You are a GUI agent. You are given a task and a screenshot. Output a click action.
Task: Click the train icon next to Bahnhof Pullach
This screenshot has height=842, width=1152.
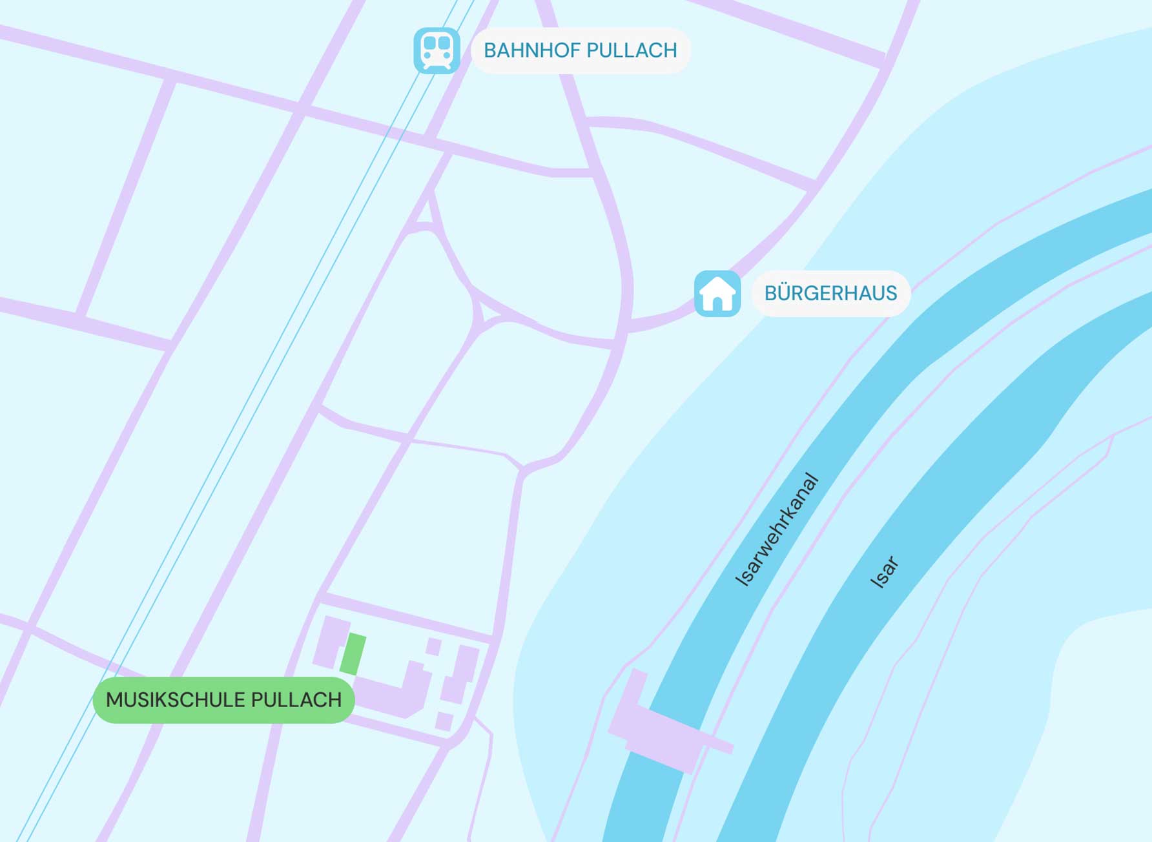437,50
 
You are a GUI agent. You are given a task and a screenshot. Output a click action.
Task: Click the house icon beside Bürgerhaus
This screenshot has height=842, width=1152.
717,294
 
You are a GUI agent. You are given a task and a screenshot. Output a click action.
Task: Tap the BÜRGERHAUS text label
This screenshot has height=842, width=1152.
830,294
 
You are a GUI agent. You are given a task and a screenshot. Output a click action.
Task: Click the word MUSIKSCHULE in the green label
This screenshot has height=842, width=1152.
174,700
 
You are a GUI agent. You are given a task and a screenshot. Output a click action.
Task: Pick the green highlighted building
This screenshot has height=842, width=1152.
353,654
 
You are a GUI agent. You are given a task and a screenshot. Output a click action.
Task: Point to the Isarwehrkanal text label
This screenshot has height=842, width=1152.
777,530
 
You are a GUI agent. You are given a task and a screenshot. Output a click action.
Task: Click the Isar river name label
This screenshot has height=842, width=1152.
885,572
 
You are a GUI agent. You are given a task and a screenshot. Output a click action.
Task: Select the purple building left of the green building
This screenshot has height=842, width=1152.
331,642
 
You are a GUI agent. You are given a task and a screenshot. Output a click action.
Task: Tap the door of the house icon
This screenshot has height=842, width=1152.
717,303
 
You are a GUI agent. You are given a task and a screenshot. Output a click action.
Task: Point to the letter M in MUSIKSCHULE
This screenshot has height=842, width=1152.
114,700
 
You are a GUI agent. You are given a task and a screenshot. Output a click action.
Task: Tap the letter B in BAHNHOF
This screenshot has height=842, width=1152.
490,50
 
